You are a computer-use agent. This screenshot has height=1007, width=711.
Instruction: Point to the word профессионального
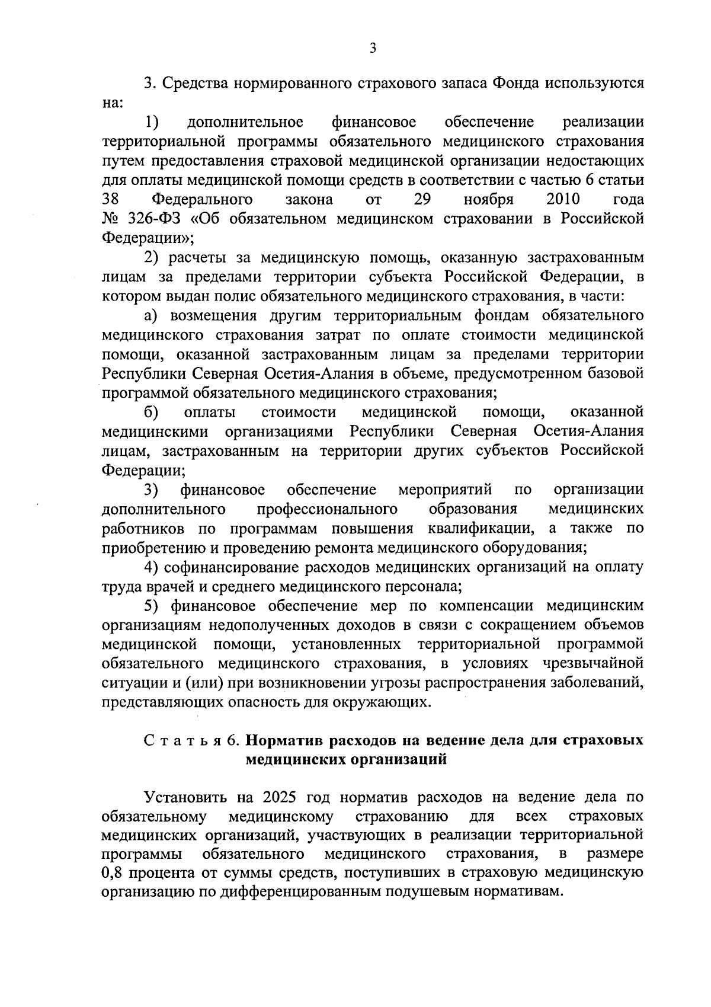point(326,509)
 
